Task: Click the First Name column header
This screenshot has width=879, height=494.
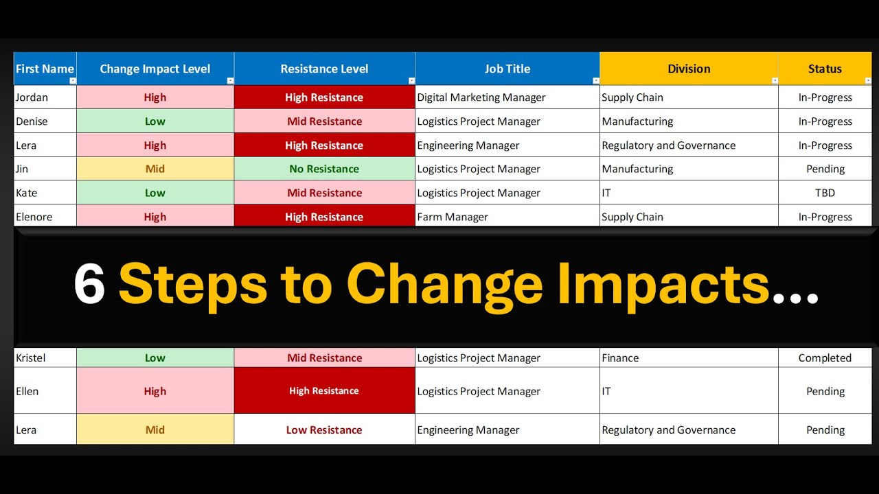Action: [x=45, y=69]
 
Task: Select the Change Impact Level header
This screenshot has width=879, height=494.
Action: [x=155, y=69]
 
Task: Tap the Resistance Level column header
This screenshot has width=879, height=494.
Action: [x=324, y=69]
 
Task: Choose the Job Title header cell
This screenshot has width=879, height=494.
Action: [x=507, y=69]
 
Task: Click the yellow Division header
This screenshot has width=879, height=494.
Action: [x=689, y=69]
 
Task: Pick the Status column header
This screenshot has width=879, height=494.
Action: [x=825, y=69]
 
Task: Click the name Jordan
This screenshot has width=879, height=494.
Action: [x=32, y=97]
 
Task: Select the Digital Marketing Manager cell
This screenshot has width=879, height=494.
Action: [x=481, y=97]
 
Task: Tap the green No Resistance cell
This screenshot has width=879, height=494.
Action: [x=324, y=169]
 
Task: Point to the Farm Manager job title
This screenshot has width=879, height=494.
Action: [x=453, y=217]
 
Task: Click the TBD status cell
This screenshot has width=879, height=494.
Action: [x=825, y=193]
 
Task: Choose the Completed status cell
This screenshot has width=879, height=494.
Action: [x=825, y=357]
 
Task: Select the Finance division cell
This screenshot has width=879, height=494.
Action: [x=620, y=357]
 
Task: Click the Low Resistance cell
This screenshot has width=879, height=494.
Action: [x=324, y=430]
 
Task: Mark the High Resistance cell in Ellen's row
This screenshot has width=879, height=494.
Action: [x=324, y=391]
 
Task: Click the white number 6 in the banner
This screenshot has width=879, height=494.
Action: [x=89, y=284]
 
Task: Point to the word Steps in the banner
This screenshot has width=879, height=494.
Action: [x=193, y=284]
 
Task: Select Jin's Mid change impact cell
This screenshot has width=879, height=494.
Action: [x=155, y=169]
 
